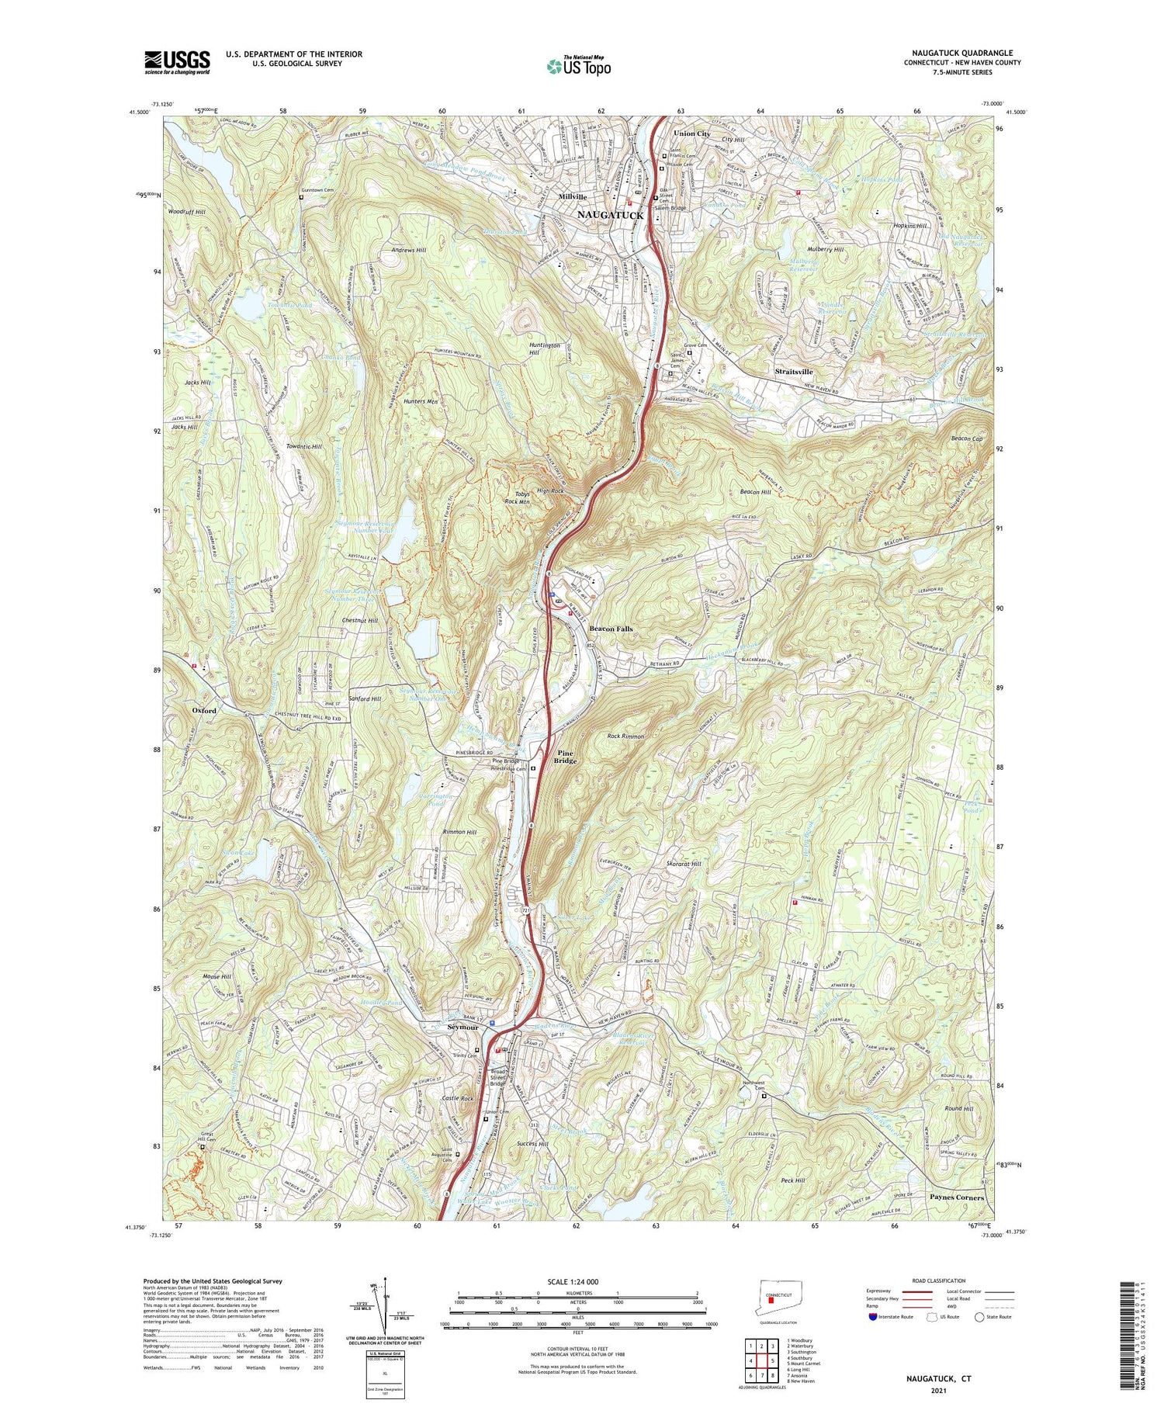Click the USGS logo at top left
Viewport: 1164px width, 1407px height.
point(177,62)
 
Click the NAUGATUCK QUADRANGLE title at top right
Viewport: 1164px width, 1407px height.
point(966,53)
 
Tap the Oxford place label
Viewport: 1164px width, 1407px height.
point(204,710)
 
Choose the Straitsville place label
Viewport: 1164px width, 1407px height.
point(794,372)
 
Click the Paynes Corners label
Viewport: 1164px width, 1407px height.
point(956,1197)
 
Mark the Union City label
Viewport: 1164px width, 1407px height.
point(691,133)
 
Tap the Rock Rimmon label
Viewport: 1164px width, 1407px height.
point(625,736)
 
